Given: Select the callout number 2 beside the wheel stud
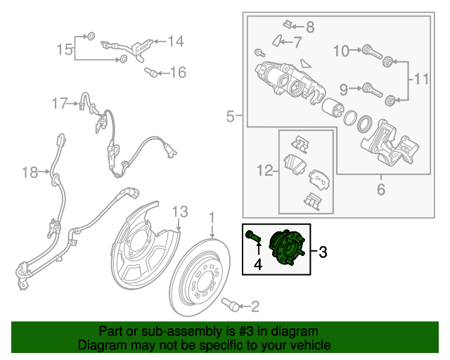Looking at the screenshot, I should (255, 305).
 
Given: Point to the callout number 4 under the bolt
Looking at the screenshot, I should (258, 264).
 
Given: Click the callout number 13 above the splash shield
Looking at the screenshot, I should (180, 211).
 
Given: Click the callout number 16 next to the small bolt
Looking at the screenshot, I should (177, 72).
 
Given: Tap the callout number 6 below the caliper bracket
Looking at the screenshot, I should (381, 189).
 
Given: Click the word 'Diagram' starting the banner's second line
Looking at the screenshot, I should (101, 345).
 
